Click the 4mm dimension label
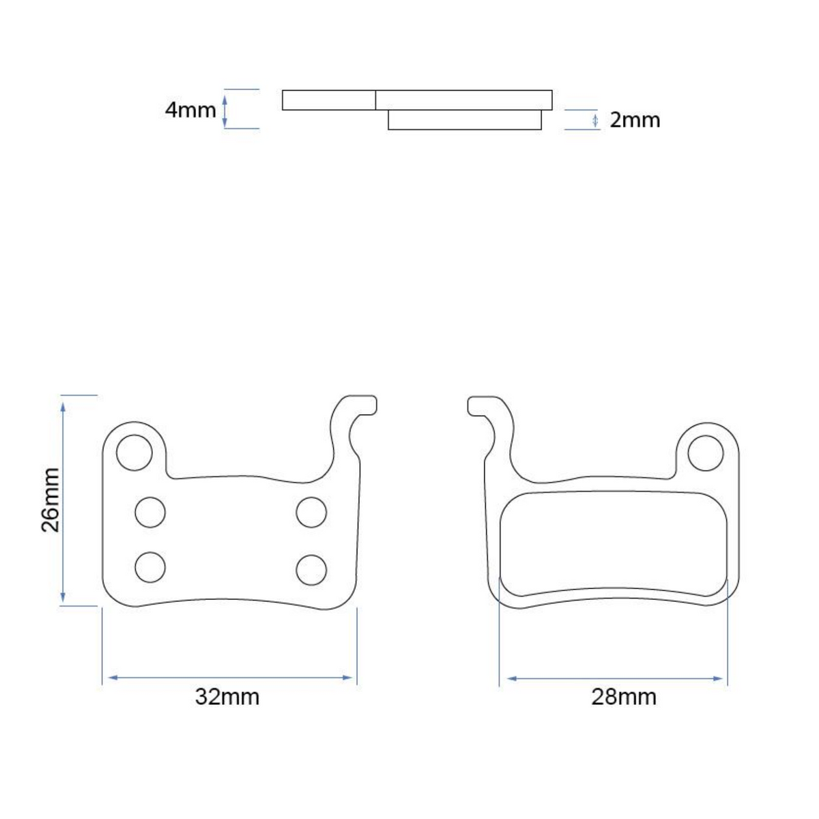pyautogui.click(x=190, y=109)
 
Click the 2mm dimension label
pyautogui.click(x=634, y=120)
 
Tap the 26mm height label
pyautogui.click(x=51, y=500)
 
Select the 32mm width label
pyautogui.click(x=227, y=697)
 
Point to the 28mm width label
pyautogui.click(x=624, y=697)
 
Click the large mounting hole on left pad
pyautogui.click(x=134, y=452)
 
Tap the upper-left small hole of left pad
pyautogui.click(x=150, y=512)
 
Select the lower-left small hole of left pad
pyautogui.click(x=150, y=567)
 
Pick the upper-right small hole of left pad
pyautogui.click(x=311, y=512)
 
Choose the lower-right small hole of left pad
pyautogui.click(x=311, y=569)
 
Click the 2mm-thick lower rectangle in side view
pyautogui.click(x=465, y=120)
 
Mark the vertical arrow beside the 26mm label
pyautogui.click(x=63, y=500)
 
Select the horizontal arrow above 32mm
pyautogui.click(x=230, y=678)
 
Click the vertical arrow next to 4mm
pyautogui.click(x=225, y=110)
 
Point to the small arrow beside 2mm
pyautogui.click(x=595, y=121)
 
